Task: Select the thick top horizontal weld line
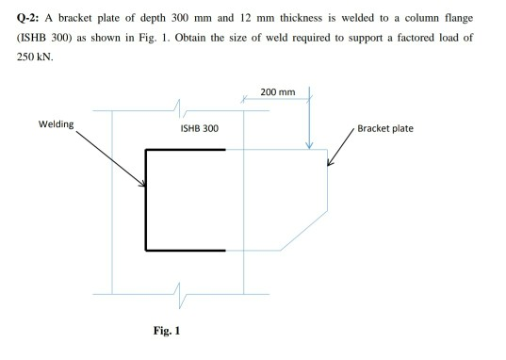click(187, 149)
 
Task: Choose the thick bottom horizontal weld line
click(187, 250)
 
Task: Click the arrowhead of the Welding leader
click(145, 186)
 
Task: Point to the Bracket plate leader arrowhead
click(329, 164)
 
